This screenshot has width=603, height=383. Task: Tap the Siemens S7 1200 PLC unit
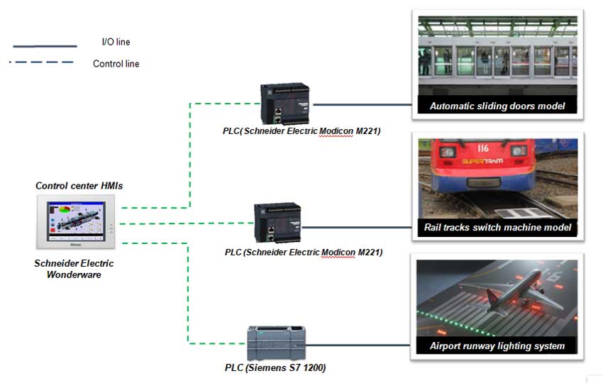tap(275, 343)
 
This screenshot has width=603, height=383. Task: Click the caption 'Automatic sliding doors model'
tap(496, 106)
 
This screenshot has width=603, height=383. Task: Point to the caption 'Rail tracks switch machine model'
tap(497, 228)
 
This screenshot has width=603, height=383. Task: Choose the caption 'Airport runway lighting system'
tap(497, 346)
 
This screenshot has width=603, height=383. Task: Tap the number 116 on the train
tap(485, 148)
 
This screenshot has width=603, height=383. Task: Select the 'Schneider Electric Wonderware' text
tap(74, 269)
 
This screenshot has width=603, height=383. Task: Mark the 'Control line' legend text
tap(116, 64)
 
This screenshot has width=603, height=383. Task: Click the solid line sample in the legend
tap(44, 45)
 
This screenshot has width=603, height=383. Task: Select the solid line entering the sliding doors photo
tap(362, 104)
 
